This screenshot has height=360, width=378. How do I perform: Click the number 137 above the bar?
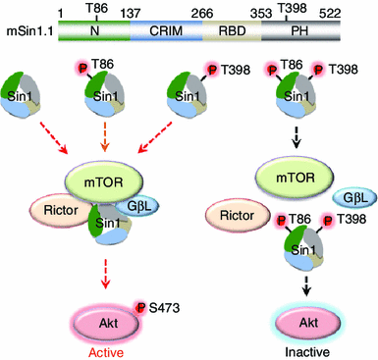[133, 10]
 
